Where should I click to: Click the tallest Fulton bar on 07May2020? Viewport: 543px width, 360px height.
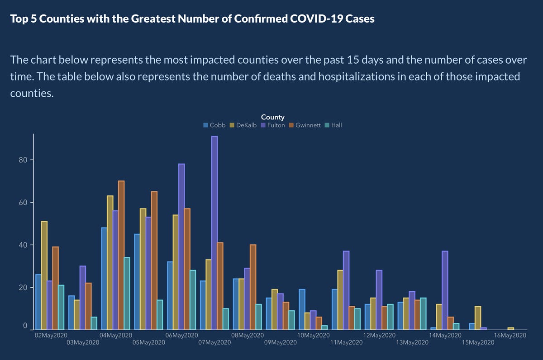[214, 232]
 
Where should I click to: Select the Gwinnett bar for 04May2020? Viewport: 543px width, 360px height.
[121, 255]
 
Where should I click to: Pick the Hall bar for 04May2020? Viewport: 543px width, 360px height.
[127, 294]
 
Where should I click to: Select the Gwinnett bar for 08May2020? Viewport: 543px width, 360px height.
[253, 287]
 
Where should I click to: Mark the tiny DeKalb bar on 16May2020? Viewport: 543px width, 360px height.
[511, 328]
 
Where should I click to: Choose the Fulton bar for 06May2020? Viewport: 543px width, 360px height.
[181, 246]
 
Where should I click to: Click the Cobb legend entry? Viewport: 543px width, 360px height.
[214, 125]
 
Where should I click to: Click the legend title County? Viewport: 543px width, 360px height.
[272, 117]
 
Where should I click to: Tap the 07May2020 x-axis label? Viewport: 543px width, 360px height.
[215, 342]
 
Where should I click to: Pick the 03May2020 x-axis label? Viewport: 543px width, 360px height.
[83, 342]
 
